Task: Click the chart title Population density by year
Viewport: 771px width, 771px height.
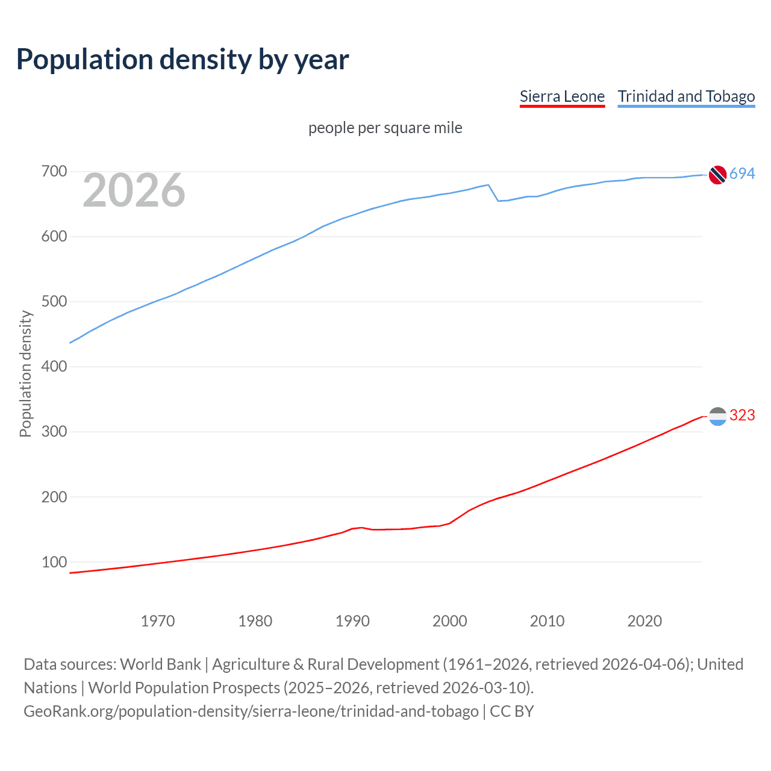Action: (183, 60)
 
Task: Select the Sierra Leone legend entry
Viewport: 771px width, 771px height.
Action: (562, 96)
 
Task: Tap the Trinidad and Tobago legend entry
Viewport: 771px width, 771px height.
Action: (686, 96)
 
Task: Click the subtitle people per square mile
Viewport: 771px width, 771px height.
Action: (385, 128)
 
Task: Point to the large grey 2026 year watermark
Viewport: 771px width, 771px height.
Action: (134, 190)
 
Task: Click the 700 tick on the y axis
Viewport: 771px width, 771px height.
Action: (54, 172)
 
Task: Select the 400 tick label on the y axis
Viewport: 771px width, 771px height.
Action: (54, 366)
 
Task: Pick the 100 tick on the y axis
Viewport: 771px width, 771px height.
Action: (54, 562)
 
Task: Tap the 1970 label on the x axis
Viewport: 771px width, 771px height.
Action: (158, 621)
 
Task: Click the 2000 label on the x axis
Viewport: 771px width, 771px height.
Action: (449, 621)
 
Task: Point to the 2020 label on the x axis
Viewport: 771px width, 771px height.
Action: (645, 621)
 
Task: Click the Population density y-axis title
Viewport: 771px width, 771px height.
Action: (25, 373)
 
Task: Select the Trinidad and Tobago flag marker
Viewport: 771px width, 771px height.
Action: (717, 175)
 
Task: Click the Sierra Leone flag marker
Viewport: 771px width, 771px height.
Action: (717, 416)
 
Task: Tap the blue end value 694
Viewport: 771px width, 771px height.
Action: (742, 174)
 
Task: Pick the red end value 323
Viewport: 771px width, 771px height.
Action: (742, 416)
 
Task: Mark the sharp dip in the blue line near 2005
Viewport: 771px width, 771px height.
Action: (498, 201)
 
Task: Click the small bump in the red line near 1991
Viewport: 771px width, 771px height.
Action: (360, 528)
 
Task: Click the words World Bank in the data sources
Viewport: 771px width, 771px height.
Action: (160, 664)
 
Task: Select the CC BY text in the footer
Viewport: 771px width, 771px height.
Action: (511, 711)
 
